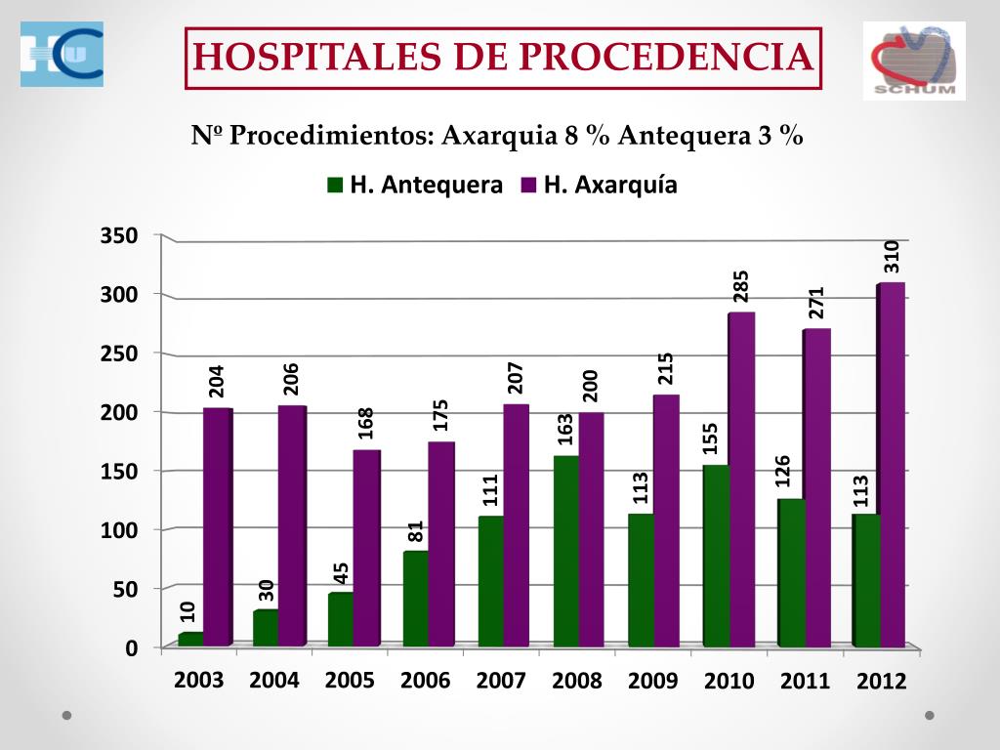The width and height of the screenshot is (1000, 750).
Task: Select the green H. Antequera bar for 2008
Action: [x=565, y=551]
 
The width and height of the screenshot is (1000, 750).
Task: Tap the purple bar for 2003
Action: [x=218, y=527]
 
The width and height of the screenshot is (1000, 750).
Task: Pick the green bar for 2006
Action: [x=415, y=599]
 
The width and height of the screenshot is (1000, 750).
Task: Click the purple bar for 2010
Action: [x=741, y=479]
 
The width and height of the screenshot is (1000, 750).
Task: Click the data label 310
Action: [x=891, y=256]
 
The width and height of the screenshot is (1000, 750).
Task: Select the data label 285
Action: [x=741, y=286]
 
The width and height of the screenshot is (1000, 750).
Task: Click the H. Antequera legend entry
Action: [x=416, y=185]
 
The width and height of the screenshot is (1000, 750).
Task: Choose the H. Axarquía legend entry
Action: [x=599, y=185]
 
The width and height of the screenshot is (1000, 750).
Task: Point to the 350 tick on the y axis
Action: [x=118, y=236]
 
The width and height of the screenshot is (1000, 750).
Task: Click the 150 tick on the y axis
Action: [x=118, y=471]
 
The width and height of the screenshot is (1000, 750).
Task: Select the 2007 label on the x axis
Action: [x=501, y=681]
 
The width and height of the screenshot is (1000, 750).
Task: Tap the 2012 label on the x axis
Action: [x=882, y=682]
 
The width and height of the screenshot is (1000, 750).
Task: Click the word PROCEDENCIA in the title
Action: [x=665, y=57]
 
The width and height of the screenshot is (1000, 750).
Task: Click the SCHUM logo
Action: [x=914, y=61]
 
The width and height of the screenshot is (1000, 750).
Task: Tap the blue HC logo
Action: [x=62, y=55]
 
